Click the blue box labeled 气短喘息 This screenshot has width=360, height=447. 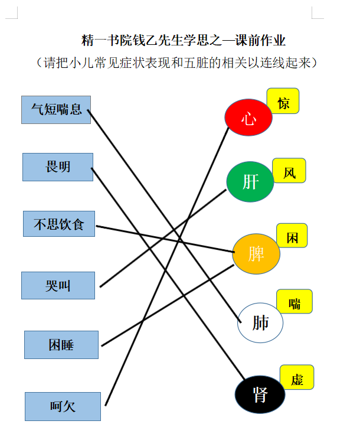pos(56,110)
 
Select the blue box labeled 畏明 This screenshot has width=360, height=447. pos(58,167)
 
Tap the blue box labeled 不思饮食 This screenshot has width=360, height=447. pos(59,224)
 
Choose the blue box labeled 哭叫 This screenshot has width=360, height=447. pos(58,285)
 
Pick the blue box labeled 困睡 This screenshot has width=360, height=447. pos(61,345)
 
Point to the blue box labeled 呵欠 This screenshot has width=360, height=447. pos(63,406)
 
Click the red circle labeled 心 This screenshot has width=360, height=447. pos(248,117)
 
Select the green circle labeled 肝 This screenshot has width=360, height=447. pos(250,182)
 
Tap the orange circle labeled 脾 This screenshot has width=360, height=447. pos(256,254)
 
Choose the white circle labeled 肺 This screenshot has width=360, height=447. pos(260,322)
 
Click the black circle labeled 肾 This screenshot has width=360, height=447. pos(260,394)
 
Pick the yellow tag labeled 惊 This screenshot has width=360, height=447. pos(283,101)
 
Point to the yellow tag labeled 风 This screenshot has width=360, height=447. pos(289,171)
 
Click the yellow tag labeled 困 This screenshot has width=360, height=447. pos(292,236)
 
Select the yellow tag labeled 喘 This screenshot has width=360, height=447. pos(294,301)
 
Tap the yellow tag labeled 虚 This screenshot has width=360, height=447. pos(297,377)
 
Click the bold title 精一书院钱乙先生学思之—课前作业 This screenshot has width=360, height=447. pos(183,40)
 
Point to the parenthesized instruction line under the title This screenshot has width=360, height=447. pos(176,63)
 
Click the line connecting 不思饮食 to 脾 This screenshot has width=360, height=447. pos(165,239)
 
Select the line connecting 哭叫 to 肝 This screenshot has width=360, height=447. pos(163,238)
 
